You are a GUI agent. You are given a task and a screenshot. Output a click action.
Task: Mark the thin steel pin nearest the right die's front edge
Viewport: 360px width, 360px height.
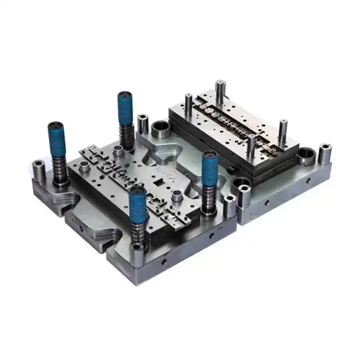tap(252, 147)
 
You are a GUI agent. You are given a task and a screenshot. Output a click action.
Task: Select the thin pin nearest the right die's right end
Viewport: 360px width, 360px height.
tap(283, 129)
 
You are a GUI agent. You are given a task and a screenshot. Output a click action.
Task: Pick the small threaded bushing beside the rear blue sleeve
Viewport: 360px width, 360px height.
tap(119, 151)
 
